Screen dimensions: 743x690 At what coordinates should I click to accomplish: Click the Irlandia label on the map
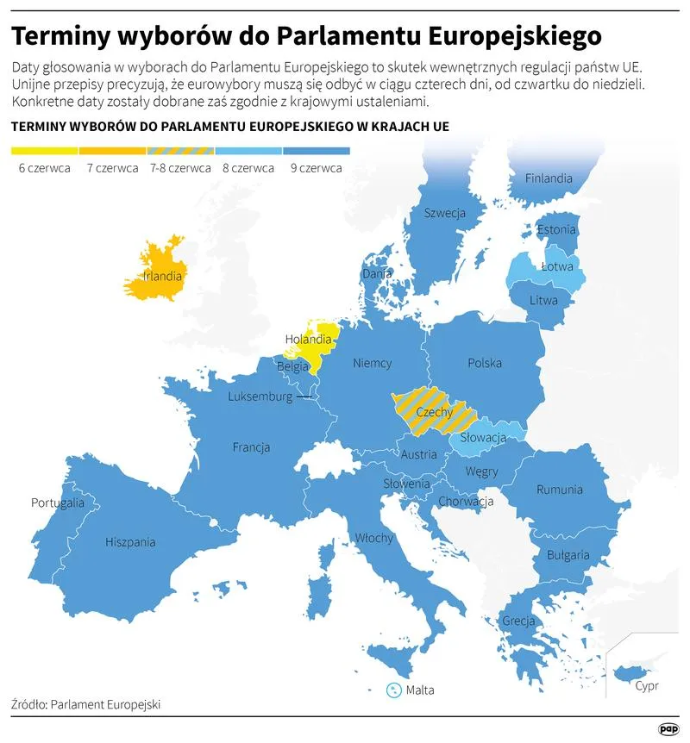click(x=163, y=277)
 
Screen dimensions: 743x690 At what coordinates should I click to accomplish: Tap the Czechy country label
click(x=434, y=413)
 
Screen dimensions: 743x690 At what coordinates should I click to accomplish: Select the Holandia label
click(x=308, y=339)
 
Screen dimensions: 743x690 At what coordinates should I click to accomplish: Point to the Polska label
click(x=484, y=363)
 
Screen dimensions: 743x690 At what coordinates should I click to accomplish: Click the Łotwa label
click(x=556, y=266)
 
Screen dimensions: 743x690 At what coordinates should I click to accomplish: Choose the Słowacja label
click(x=483, y=438)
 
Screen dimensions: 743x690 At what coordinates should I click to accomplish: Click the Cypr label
click(x=647, y=686)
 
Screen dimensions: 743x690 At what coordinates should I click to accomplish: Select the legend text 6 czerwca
click(x=45, y=168)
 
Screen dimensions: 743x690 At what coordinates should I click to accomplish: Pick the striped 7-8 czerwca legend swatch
click(x=180, y=151)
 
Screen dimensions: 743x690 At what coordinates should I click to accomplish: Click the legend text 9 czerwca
click(x=317, y=168)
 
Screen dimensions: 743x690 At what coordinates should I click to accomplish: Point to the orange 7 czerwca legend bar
click(x=113, y=151)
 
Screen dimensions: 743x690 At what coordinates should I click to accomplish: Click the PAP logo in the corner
click(x=668, y=728)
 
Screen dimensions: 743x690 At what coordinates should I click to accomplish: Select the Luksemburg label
click(x=260, y=396)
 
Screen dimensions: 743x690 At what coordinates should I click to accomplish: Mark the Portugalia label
click(x=58, y=503)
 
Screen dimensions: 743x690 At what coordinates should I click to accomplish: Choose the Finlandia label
click(x=549, y=178)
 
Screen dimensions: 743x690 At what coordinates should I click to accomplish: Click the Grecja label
click(x=519, y=621)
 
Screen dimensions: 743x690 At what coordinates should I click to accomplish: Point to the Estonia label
click(x=556, y=230)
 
